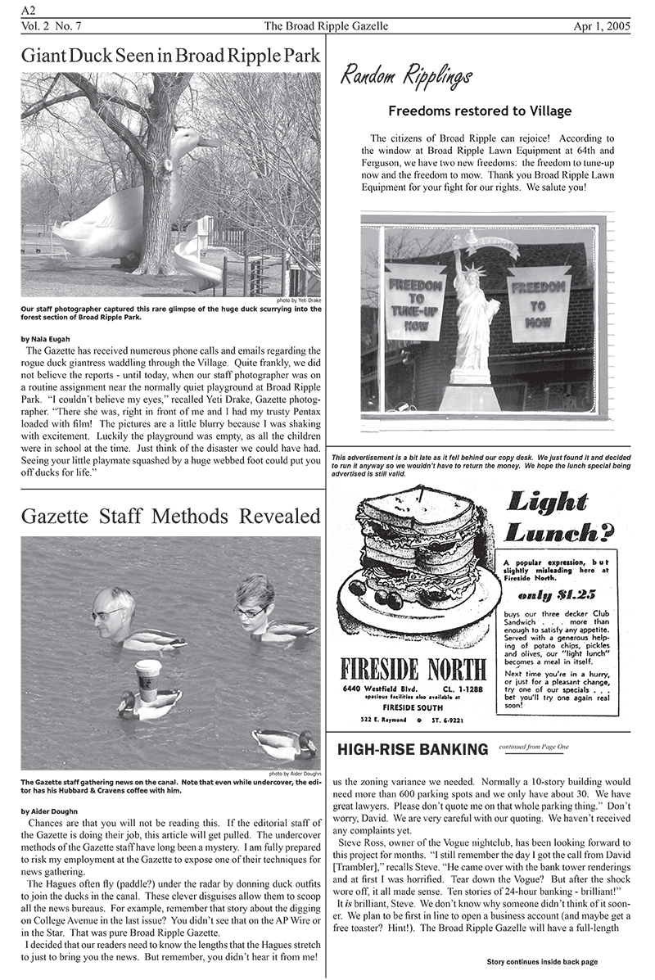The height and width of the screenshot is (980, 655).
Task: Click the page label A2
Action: (29, 9)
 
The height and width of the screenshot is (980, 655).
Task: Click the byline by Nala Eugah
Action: (45, 337)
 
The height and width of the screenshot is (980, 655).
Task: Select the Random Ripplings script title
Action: (406, 77)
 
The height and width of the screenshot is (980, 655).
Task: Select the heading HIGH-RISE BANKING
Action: (413, 749)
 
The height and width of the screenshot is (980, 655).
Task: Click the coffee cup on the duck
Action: (148, 679)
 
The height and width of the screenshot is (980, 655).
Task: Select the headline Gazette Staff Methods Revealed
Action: (170, 517)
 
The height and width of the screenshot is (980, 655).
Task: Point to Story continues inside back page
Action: (542, 961)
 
